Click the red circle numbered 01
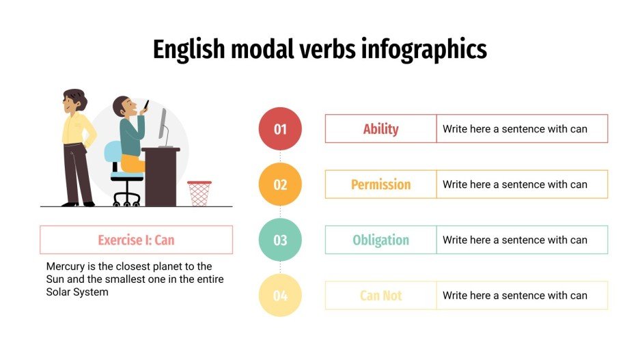pos(280,128)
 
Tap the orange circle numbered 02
pos(280,184)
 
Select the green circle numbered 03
pos(280,240)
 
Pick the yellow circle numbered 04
pos(280,296)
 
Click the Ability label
pos(380,128)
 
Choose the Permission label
pos(380,184)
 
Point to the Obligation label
pos(380,240)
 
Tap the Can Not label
pos(380,296)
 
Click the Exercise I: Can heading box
pos(136,240)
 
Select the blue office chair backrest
pos(113,154)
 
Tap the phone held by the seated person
pos(146,105)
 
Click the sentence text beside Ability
pos(514,128)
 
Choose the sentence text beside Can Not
pos(514,296)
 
